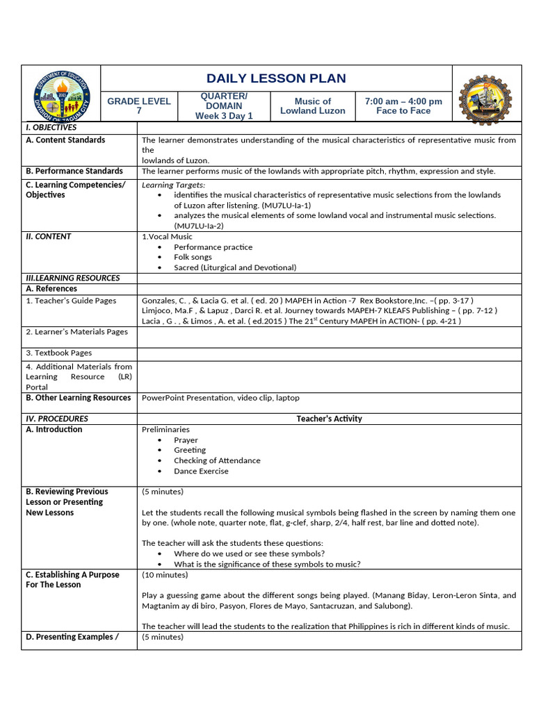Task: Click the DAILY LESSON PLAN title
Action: point(276,78)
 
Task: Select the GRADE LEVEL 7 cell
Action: point(138,106)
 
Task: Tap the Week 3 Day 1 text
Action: point(224,116)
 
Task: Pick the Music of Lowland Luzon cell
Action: point(312,106)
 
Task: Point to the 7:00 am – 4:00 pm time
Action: point(403,101)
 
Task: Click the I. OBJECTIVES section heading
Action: point(51,128)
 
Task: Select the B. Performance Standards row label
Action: point(74,171)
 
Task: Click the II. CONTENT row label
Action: point(48,237)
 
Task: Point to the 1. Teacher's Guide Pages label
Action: point(71,301)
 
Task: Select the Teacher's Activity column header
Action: point(329,419)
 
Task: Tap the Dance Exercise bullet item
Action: point(201,471)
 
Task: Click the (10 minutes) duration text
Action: point(163,574)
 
